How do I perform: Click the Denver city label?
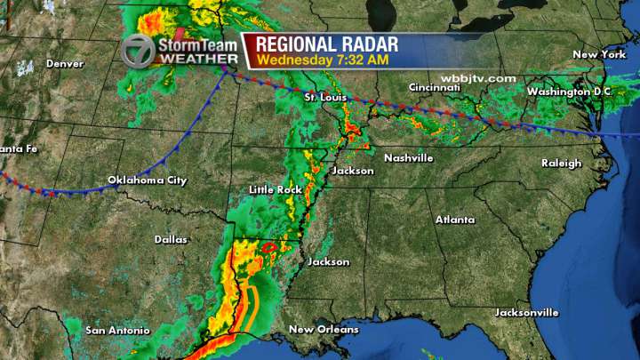[64, 64]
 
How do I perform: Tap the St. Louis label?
[324, 96]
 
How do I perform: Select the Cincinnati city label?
[434, 87]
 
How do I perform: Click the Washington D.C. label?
[569, 92]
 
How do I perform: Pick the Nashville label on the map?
[409, 158]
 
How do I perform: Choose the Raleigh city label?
[562, 163]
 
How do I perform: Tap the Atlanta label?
[455, 220]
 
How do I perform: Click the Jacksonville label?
[528, 313]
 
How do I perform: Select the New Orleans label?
[324, 330]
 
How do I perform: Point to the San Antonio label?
[116, 331]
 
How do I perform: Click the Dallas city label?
[171, 240]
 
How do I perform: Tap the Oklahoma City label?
[148, 180]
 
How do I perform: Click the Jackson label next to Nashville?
[350, 170]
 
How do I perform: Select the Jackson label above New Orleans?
[328, 262]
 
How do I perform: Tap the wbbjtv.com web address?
[484, 78]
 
